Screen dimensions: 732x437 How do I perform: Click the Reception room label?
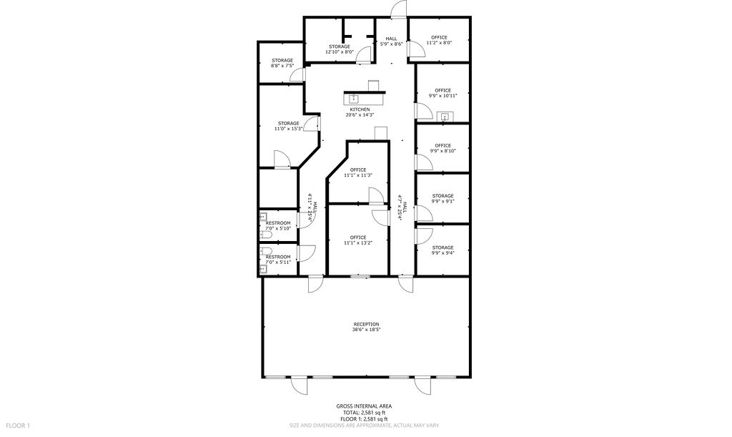point(367,327)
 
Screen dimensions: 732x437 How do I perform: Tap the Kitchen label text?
point(360,109)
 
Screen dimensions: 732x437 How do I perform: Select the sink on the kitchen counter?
point(353,99)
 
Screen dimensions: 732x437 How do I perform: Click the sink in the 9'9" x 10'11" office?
point(445,117)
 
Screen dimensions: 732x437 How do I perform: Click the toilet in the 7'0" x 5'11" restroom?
point(264,251)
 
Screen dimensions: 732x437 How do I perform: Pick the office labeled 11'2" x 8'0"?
point(439,40)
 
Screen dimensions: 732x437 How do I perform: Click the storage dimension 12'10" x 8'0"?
point(340,51)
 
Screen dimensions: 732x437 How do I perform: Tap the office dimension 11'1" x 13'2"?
point(358,242)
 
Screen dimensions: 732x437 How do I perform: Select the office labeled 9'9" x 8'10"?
point(442,149)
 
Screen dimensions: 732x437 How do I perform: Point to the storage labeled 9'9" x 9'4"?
point(442,250)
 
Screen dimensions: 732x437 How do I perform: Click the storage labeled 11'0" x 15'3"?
point(289,126)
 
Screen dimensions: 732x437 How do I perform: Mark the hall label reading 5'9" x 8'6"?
point(391,41)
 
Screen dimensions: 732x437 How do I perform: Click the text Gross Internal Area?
point(364,406)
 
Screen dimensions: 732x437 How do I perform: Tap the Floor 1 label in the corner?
point(18,426)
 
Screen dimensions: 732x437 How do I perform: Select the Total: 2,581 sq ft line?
point(364,413)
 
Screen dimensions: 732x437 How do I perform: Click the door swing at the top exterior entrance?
point(398,9)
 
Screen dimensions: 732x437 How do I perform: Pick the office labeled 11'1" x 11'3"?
point(358,173)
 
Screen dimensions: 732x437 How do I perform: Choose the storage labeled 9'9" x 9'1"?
point(442,198)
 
